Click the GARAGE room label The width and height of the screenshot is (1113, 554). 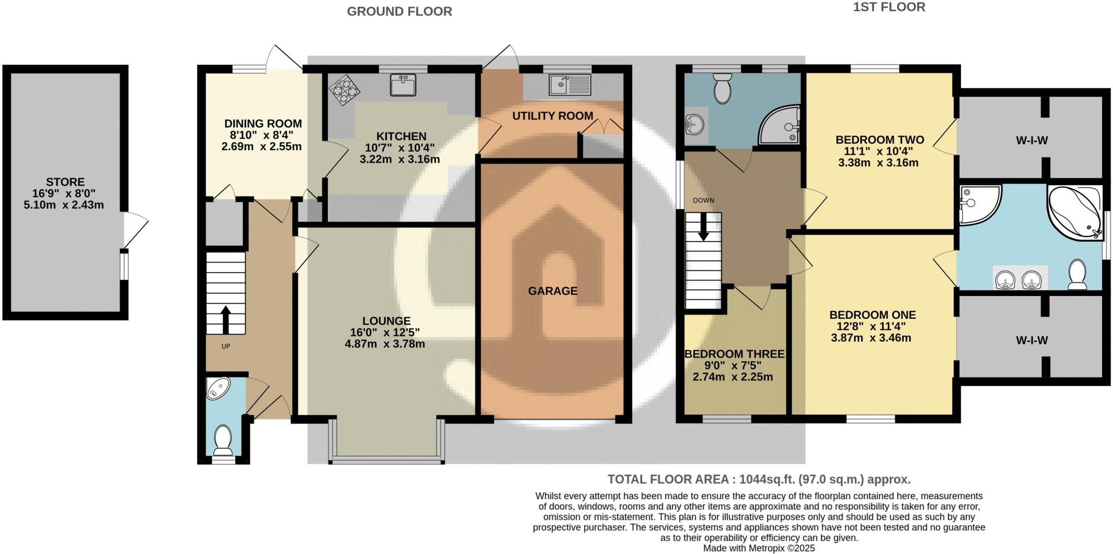[x=552, y=291]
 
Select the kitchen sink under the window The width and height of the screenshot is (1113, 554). [x=403, y=85]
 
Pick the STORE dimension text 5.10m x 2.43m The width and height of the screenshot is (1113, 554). [x=64, y=205]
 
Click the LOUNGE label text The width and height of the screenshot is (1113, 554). [x=386, y=321]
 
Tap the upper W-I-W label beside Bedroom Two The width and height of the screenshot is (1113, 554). [x=1031, y=141]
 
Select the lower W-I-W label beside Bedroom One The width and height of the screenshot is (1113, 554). [x=1031, y=341]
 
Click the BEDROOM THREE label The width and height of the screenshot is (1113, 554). [x=734, y=354]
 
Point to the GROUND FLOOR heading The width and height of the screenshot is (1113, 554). [x=399, y=11]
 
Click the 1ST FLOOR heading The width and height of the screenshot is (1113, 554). [x=889, y=7]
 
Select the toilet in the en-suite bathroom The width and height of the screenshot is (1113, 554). [x=1077, y=274]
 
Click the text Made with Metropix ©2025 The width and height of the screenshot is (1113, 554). [x=759, y=548]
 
